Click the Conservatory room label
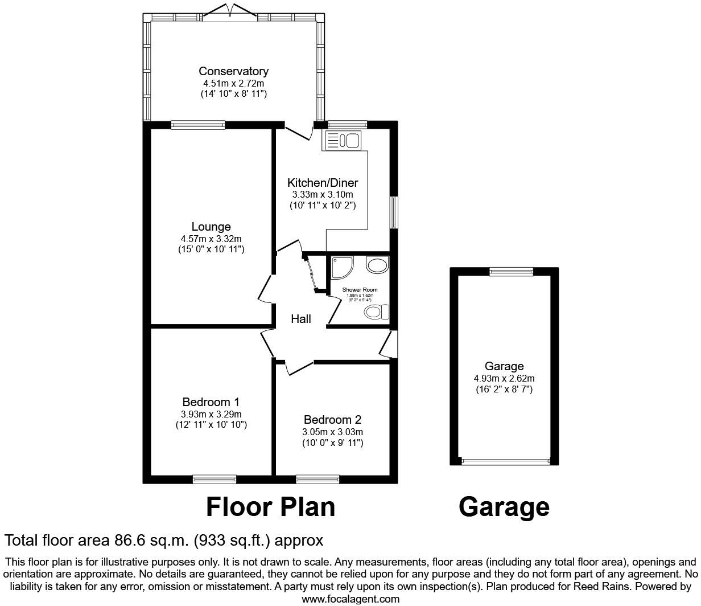coord(233,71)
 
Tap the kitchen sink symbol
coord(341,140)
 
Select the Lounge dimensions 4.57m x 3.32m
coord(211,239)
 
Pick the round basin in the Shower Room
coord(377,265)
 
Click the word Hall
coord(301,319)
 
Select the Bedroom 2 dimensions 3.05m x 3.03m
coord(333,432)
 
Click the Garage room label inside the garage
coord(504,366)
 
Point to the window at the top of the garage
coord(512,272)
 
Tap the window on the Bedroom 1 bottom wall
coord(214,479)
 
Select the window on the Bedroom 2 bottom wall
coord(317,479)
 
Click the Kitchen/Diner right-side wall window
coord(394,213)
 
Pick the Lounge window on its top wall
coord(197,125)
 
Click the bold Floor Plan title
coord(270,506)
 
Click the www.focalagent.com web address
coord(350,599)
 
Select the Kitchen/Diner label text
coord(323,183)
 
